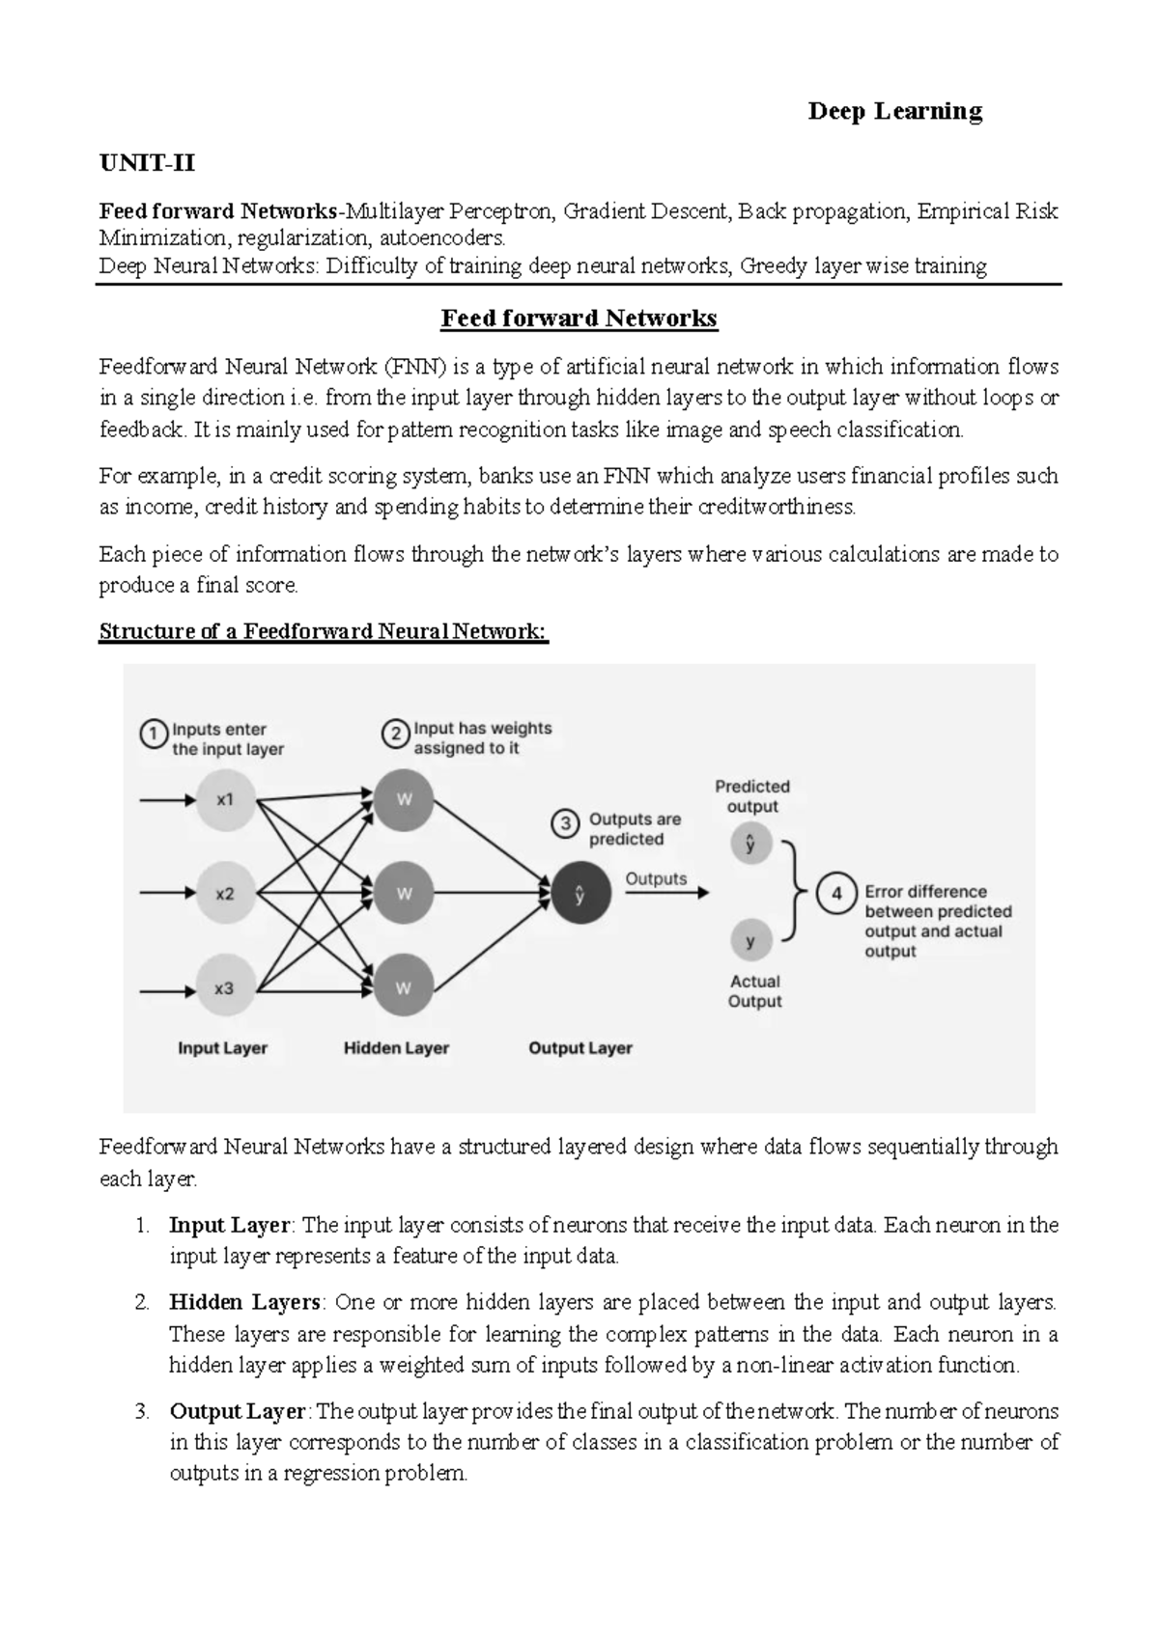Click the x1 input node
(x=225, y=800)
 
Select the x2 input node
(x=225, y=894)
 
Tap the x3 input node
(x=225, y=988)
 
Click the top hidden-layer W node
(x=404, y=800)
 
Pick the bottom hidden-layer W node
(x=404, y=988)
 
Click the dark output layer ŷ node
(x=580, y=894)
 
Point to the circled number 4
(x=836, y=894)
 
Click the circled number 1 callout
(x=153, y=735)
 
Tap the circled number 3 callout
(x=566, y=823)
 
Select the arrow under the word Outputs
(x=666, y=894)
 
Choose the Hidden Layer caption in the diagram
(x=396, y=1048)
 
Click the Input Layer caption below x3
(x=222, y=1048)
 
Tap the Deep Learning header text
(x=894, y=112)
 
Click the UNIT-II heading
(x=147, y=163)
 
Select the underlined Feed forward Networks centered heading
(x=579, y=319)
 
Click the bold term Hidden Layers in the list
(x=244, y=1303)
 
